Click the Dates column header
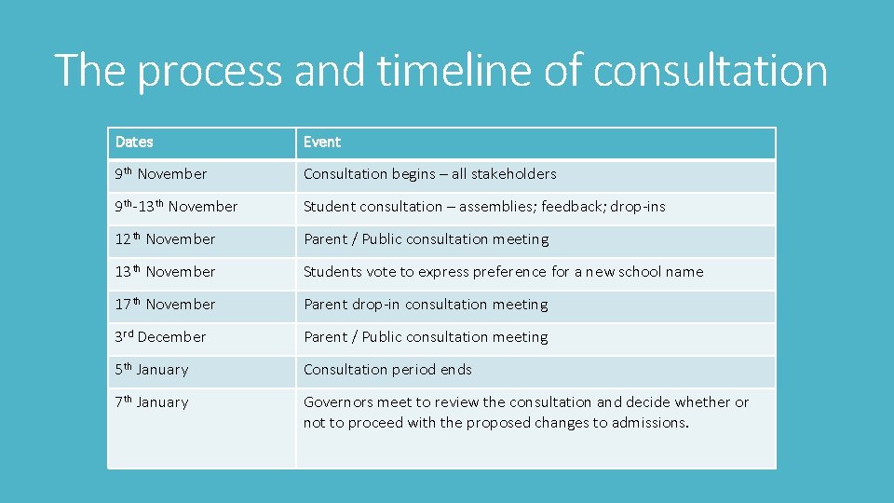click(134, 143)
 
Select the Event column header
click(322, 143)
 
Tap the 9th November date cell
click(161, 174)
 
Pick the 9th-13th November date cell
click(176, 207)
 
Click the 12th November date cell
click(165, 239)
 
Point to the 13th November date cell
click(165, 272)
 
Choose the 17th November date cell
click(165, 305)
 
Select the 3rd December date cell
click(160, 337)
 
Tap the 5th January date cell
click(152, 370)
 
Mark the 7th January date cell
click(152, 402)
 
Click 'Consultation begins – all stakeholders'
click(429, 174)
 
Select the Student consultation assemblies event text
click(484, 207)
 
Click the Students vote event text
click(503, 272)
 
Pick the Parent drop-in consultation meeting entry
click(426, 305)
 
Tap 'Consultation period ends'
click(387, 370)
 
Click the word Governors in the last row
click(334, 402)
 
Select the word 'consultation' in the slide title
click(710, 71)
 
